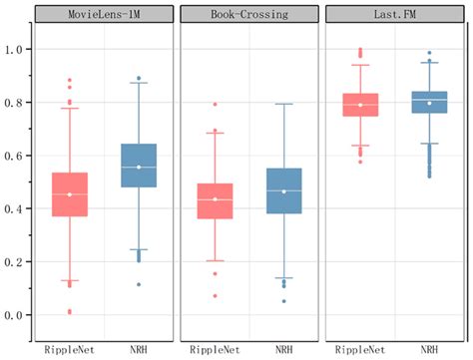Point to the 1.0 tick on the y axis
14,50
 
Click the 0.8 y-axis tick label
14,103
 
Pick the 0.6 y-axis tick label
14,156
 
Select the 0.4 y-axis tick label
14,209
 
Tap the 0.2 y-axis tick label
14,262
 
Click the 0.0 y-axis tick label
14,315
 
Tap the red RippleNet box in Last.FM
360,105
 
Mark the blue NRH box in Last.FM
430,102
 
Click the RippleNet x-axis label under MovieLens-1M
69,350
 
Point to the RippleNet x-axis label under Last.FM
360,350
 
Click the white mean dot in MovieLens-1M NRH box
139,168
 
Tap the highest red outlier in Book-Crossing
215,105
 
